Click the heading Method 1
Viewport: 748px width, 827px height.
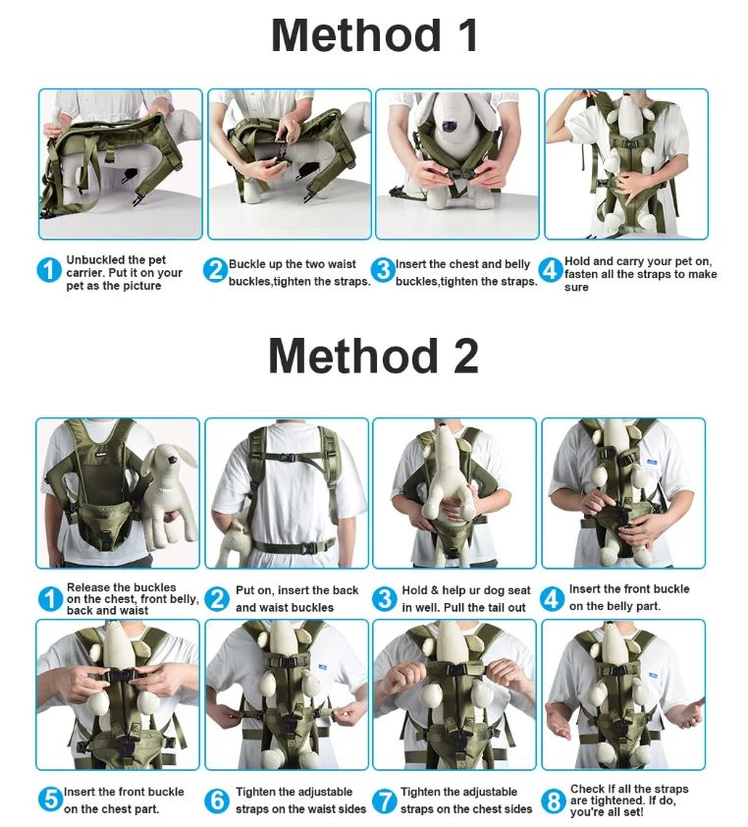pos(374,36)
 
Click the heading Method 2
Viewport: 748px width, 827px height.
pos(374,356)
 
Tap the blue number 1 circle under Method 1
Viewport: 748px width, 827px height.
pos(49,270)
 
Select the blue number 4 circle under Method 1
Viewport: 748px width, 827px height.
pos(552,270)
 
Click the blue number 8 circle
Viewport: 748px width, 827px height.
pos(555,801)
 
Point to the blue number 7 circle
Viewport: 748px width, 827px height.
pos(385,801)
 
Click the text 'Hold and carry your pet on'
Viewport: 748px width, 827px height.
pos(638,261)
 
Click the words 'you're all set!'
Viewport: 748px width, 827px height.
pos(607,812)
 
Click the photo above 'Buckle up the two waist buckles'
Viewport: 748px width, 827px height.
pos(289,164)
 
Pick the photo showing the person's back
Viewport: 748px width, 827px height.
pos(287,493)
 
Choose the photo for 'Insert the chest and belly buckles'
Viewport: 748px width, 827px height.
pos(457,164)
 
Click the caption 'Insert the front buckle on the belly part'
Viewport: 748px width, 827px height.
pos(628,598)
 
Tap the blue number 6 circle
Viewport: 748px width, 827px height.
pos(217,801)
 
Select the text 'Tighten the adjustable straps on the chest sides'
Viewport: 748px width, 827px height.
pos(466,800)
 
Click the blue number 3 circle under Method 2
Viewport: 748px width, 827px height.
pos(385,599)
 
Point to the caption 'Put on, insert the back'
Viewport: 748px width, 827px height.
pos(296,591)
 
